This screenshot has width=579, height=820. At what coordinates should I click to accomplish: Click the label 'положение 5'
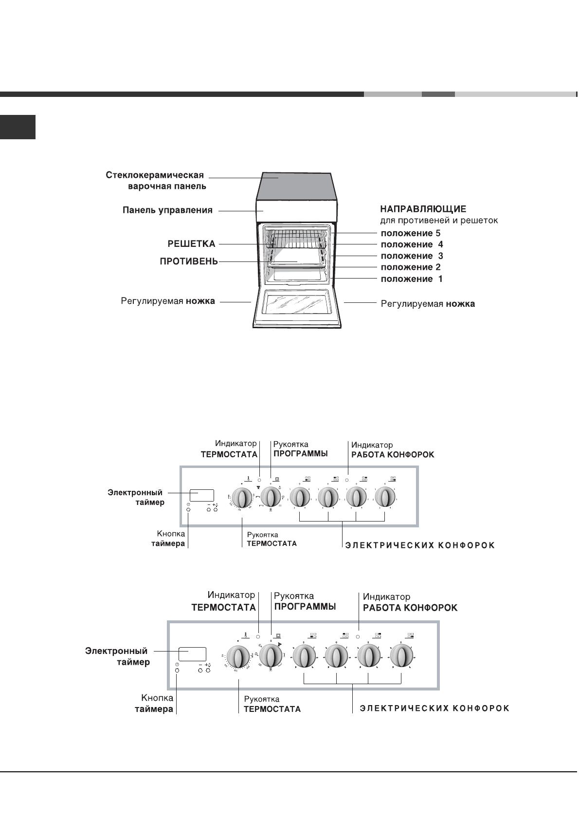point(410,233)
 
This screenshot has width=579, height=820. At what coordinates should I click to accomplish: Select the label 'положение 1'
point(411,279)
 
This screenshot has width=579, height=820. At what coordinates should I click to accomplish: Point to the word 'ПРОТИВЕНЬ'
point(189,262)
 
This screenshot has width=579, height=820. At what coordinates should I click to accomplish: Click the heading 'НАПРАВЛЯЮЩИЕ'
point(423,209)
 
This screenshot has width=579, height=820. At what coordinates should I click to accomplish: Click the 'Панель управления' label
point(167,210)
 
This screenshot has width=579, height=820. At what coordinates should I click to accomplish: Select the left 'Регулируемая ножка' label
point(168,301)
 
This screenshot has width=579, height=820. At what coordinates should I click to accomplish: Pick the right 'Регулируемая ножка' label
point(428,304)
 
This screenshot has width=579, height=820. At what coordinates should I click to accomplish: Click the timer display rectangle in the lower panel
point(192,654)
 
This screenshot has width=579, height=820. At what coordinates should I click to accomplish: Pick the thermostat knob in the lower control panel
point(238,657)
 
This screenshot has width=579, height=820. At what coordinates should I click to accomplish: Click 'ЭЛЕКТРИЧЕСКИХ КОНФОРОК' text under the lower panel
point(434,708)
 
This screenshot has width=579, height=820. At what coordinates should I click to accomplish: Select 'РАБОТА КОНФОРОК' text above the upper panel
point(393,455)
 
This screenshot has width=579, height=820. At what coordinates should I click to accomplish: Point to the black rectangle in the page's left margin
point(18,127)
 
